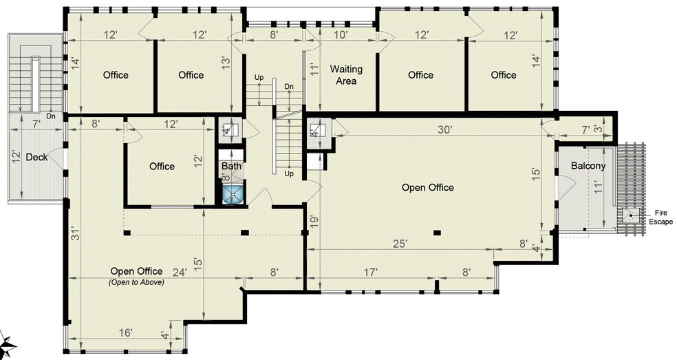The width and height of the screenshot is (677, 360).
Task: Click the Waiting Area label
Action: click(346, 75)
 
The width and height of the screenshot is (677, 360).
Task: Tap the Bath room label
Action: click(231, 166)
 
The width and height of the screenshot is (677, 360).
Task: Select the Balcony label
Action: click(588, 165)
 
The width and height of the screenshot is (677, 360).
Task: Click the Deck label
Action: click(36, 158)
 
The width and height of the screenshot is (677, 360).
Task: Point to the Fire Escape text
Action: click(661, 218)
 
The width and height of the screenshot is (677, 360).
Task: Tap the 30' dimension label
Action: click(444, 129)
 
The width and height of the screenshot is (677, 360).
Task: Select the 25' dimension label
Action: click(400, 244)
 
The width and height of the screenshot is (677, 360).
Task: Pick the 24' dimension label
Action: click(180, 273)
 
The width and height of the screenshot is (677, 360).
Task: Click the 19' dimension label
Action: click(314, 222)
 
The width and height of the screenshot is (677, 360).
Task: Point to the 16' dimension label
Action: click(125, 332)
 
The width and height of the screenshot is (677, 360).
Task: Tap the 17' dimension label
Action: click(370, 273)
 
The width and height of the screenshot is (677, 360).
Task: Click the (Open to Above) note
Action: click(136, 283)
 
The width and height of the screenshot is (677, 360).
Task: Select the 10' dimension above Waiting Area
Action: click(341, 34)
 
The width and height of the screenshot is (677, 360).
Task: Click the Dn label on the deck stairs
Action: click(51, 116)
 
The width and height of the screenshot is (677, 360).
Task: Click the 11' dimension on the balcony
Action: click(598, 187)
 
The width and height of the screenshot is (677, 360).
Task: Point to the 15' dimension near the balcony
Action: click(536, 173)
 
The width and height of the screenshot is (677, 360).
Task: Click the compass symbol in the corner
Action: click(8, 344)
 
